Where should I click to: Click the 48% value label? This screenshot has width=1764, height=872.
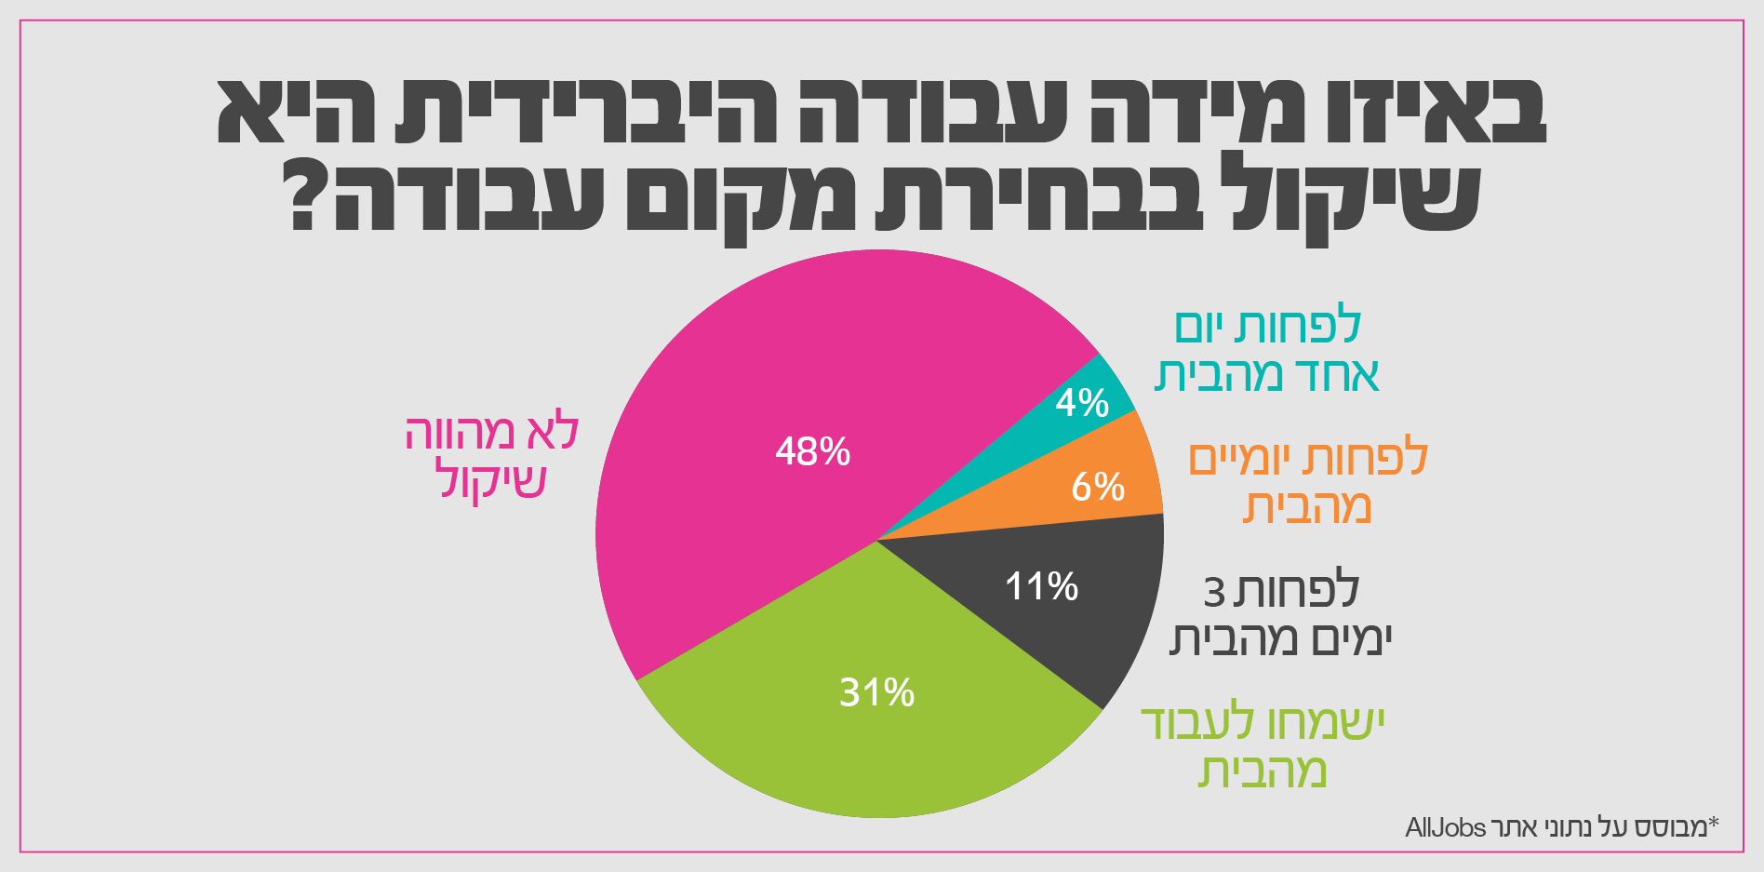[812, 451]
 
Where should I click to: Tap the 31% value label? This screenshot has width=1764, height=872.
[876, 692]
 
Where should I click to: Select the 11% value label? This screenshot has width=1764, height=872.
[1041, 586]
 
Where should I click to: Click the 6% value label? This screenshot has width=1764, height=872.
[1098, 487]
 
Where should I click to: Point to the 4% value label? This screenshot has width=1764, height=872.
[1082, 403]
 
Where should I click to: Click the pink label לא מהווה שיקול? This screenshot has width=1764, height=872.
[491, 457]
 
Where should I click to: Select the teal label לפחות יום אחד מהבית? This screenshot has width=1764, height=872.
[1266, 351]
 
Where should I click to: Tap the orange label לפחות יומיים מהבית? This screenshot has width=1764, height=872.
[1307, 483]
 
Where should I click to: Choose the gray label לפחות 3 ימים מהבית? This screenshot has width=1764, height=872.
[1280, 615]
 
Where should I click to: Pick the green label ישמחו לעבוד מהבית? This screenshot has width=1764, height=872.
[1263, 747]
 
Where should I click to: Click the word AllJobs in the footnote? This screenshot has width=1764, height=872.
[1445, 826]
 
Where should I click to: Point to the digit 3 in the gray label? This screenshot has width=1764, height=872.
[1213, 593]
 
